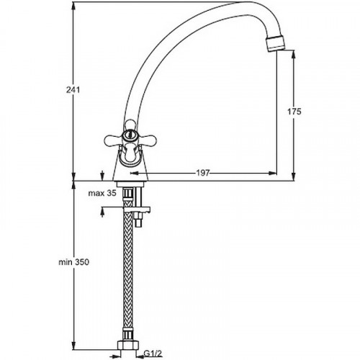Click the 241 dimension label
[x=73, y=90]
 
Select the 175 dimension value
[x=294, y=112]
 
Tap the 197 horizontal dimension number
[x=203, y=173]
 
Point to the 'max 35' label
[x=102, y=193]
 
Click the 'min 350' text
[x=74, y=262]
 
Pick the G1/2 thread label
[x=152, y=353]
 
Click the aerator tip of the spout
[x=276, y=44]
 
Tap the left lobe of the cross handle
[x=113, y=140]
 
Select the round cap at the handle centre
[x=129, y=135]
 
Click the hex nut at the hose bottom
[x=128, y=345]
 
